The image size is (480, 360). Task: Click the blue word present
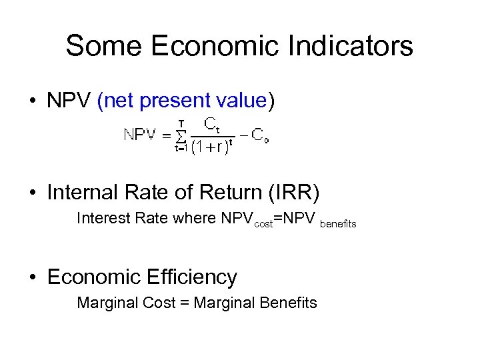tap(175, 101)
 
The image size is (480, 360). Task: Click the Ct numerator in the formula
tap(213, 124)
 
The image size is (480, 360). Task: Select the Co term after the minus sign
tap(259, 135)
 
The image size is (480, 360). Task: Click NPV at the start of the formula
tap(141, 135)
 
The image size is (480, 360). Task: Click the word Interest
tap(99, 218)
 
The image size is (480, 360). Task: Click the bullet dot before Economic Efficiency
tap(32, 277)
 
